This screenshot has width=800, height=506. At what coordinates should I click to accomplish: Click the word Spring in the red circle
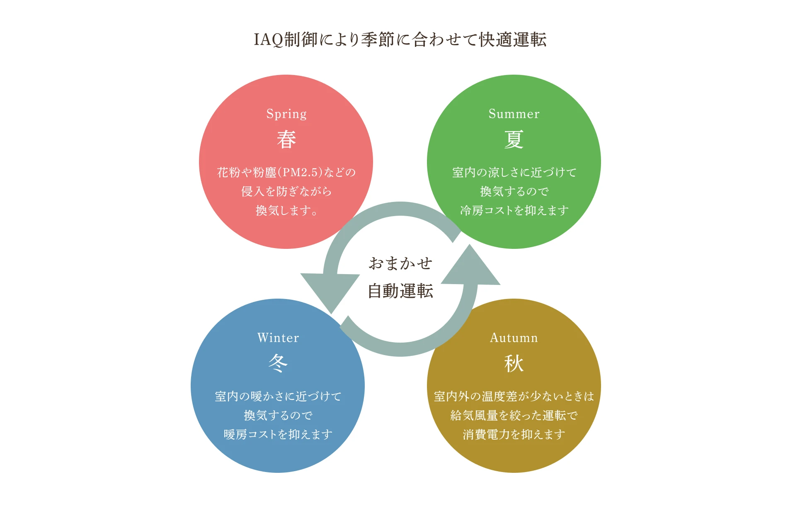click(x=286, y=114)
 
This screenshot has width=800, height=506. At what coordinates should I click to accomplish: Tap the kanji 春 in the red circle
click(x=286, y=139)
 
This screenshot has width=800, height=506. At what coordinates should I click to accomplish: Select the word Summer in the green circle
click(x=514, y=114)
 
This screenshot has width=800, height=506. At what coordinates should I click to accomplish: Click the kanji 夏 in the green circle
click(x=514, y=139)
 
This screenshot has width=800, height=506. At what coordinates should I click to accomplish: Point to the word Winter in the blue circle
click(x=278, y=338)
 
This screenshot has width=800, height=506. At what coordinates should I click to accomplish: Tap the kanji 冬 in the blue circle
click(x=278, y=363)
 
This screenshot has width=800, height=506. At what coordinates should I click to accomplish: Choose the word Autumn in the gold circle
click(x=514, y=338)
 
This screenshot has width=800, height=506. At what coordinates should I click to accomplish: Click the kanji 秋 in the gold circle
click(x=514, y=363)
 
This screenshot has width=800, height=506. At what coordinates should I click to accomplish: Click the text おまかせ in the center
click(x=400, y=263)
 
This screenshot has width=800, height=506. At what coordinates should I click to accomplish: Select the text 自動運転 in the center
click(x=400, y=291)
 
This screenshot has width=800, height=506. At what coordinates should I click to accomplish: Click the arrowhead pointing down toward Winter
click(x=330, y=290)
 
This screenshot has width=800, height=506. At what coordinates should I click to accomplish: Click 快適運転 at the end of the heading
click(x=513, y=40)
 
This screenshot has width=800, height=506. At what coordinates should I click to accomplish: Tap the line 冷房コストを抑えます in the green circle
click(x=514, y=211)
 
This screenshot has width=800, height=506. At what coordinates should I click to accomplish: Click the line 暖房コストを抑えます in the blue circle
click(x=278, y=434)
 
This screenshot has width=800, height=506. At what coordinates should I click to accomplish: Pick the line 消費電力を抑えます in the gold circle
click(x=514, y=434)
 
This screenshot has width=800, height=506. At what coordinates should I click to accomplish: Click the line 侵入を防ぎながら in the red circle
click(x=286, y=191)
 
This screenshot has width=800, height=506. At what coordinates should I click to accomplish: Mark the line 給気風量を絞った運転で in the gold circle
click(x=514, y=415)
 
